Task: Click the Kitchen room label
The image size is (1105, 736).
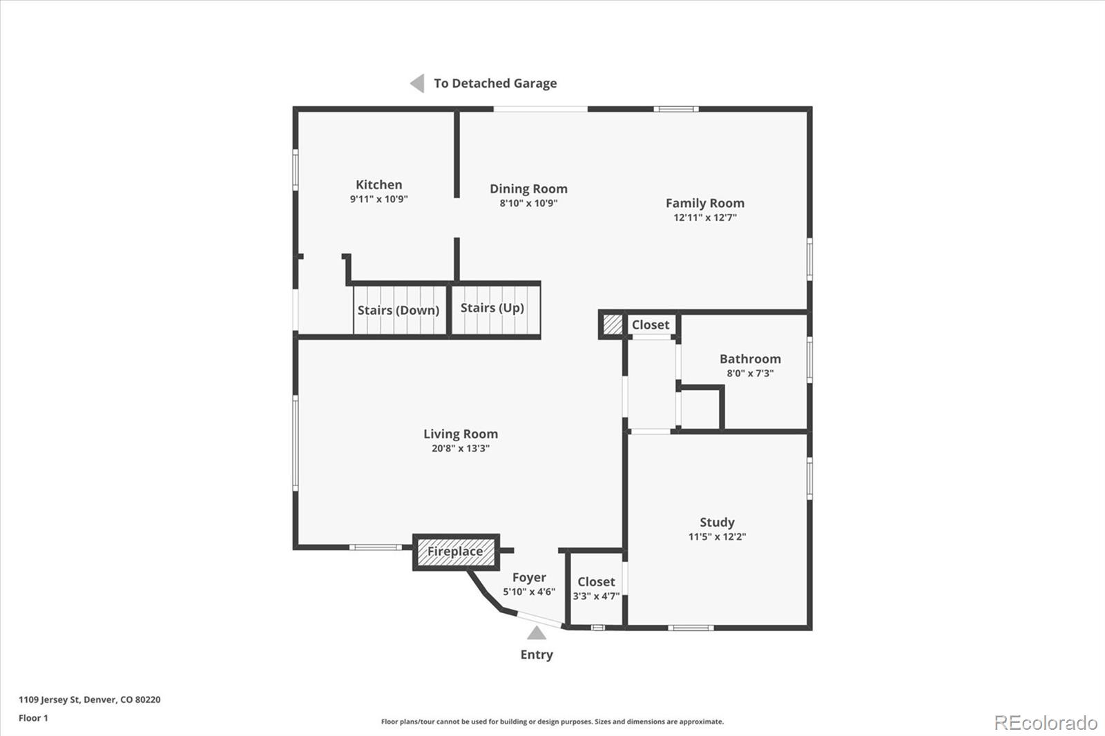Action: [379, 184]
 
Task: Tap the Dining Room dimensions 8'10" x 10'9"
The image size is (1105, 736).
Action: [528, 203]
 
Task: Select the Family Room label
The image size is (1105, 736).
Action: [705, 203]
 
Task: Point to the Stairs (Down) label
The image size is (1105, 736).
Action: [398, 310]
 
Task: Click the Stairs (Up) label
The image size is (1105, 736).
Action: [492, 308]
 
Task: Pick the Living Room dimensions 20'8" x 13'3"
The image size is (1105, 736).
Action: [460, 448]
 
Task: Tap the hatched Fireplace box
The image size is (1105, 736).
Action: [456, 552]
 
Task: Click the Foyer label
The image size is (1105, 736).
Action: [529, 578]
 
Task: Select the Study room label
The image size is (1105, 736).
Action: [717, 522]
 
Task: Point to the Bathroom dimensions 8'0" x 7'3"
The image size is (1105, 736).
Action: [750, 374]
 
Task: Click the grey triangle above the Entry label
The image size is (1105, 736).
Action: [537, 633]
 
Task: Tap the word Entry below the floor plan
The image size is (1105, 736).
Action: [537, 655]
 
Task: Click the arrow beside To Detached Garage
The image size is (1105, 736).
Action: [417, 84]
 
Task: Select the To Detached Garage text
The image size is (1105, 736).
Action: [495, 84]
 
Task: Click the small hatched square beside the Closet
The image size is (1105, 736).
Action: [613, 325]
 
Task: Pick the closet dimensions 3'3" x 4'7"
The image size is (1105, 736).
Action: [596, 596]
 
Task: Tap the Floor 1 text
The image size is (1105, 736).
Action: [34, 718]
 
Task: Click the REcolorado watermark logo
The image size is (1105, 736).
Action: [1046, 723]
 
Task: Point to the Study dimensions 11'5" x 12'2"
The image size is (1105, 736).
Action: [717, 536]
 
